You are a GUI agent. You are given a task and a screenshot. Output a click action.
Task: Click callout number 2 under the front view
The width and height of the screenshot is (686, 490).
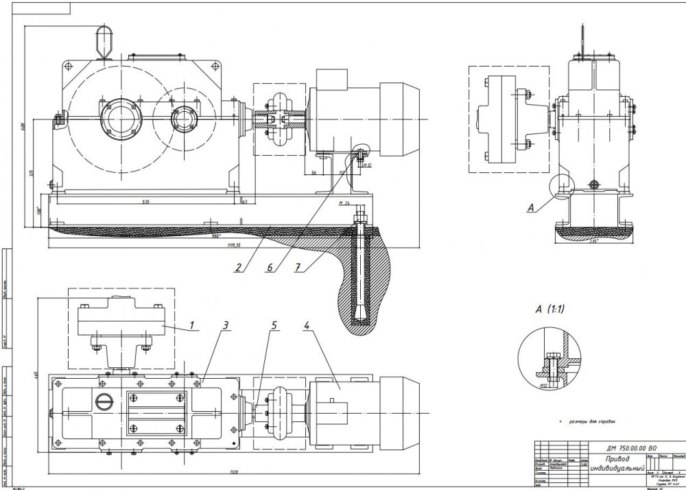click(237, 269)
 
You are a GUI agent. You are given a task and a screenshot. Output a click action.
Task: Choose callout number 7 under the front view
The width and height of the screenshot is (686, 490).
click(298, 269)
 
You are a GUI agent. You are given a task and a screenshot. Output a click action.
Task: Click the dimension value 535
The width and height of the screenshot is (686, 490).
click(146, 202)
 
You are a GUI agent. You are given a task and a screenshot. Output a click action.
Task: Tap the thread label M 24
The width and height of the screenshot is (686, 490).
click(345, 204)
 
